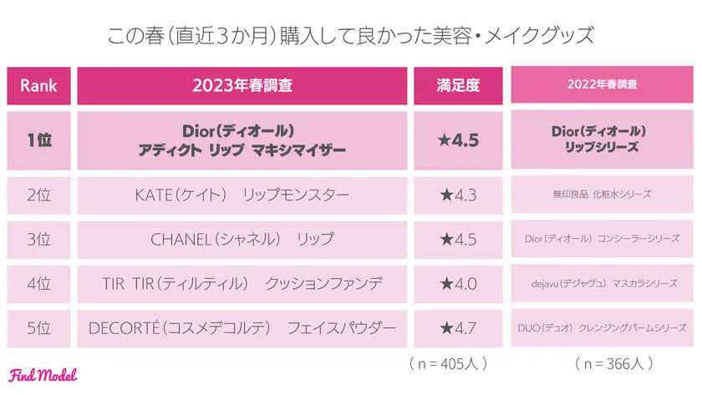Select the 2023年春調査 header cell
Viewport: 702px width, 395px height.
coord(242,85)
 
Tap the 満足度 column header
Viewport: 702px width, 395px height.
coord(458,85)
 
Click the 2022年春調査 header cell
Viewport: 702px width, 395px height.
coord(603,85)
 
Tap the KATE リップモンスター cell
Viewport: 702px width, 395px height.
coord(242,195)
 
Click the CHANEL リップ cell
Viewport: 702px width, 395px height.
coord(242,239)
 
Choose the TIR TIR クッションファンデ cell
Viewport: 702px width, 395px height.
coord(242,284)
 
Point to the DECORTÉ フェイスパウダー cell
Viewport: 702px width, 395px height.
coord(242,328)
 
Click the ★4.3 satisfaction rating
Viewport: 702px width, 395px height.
coord(458,195)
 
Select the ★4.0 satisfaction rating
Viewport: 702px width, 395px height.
coord(458,284)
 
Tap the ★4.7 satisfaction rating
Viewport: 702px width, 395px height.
coord(458,328)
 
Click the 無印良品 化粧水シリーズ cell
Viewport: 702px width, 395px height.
coord(603,195)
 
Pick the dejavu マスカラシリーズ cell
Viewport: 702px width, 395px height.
coord(603,284)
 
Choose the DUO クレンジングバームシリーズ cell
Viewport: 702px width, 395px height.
coord(603,328)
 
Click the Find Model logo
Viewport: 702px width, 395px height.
coord(43,376)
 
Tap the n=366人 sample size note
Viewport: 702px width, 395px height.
coord(614,364)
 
